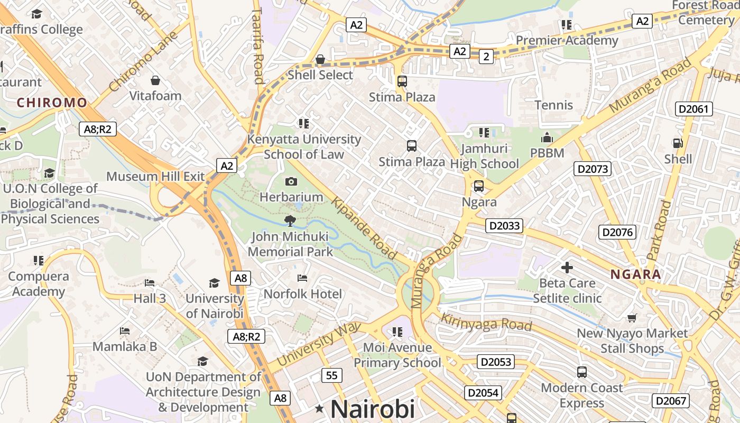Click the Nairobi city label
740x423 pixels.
pyautogui.click(x=372, y=409)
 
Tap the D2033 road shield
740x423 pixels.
pyautogui.click(x=505, y=226)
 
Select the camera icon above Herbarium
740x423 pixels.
pyautogui.click(x=291, y=181)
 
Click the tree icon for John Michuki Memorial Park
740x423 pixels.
pyautogui.click(x=290, y=220)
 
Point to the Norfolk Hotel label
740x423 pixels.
pyautogui.click(x=303, y=293)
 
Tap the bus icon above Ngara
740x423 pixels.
pyautogui.click(x=478, y=186)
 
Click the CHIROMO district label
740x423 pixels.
pyautogui.click(x=52, y=103)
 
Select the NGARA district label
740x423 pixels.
pyautogui.click(x=635, y=274)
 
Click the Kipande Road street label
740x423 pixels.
pyautogui.click(x=364, y=229)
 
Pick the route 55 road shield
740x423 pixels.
pyautogui.click(x=331, y=375)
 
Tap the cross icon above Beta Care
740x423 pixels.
pyautogui.click(x=567, y=267)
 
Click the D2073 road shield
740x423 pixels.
pyautogui.click(x=593, y=169)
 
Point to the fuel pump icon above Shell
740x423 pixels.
pyautogui.click(x=677, y=143)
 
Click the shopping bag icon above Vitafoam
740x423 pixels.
pyautogui.click(x=155, y=80)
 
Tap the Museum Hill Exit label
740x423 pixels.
pyautogui.click(x=155, y=176)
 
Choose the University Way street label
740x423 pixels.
pyautogui.click(x=318, y=344)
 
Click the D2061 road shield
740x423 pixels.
pyautogui.click(x=694, y=109)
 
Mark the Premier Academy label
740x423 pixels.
pyautogui.click(x=567, y=40)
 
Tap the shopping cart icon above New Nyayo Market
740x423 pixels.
pyautogui.click(x=632, y=318)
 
